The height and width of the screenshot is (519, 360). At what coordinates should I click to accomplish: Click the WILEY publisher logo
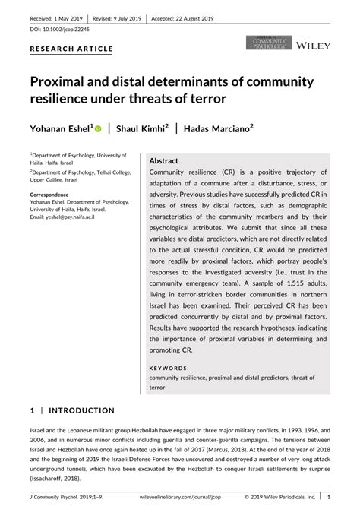click(312, 46)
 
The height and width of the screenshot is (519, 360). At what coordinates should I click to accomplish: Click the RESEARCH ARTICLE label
click(71, 49)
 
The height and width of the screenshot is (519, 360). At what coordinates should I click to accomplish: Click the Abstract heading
click(164, 162)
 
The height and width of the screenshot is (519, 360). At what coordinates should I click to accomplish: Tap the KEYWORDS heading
click(168, 368)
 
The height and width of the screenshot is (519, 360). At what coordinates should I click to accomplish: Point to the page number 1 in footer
click(328, 500)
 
